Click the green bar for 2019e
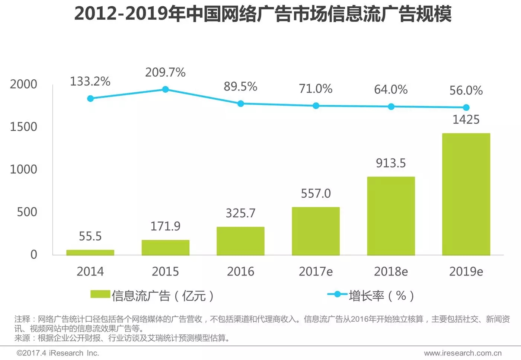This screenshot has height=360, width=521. pyautogui.click(x=466, y=194)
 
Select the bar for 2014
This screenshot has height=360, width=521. pyautogui.click(x=90, y=252)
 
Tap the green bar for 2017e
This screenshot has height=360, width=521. pyautogui.click(x=316, y=231)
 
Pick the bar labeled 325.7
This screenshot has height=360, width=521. pyautogui.click(x=240, y=241)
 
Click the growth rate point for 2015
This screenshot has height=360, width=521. pyautogui.click(x=166, y=89)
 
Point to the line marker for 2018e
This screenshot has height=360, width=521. pyautogui.click(x=391, y=106)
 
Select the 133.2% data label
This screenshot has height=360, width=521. pyautogui.click(x=90, y=81)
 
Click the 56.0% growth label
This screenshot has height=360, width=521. pyautogui.click(x=466, y=90)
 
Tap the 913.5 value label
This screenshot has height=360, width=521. pyautogui.click(x=391, y=163)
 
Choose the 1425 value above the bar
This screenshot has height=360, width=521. pyautogui.click(x=466, y=120)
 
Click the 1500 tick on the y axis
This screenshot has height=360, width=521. pyautogui.click(x=23, y=127)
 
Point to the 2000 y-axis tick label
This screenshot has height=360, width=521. pyautogui.click(x=23, y=84)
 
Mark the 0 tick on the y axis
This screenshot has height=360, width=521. pyautogui.click(x=33, y=254)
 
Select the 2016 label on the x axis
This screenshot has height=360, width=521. pyautogui.click(x=240, y=271)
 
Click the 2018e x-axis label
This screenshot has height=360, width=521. pyautogui.click(x=391, y=271)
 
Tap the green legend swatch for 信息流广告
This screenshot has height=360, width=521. pyautogui.click(x=100, y=294)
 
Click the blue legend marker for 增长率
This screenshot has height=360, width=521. pyautogui.click(x=337, y=294)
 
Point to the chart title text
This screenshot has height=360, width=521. pyautogui.click(x=263, y=14)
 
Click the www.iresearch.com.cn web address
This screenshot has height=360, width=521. pyautogui.click(x=463, y=353)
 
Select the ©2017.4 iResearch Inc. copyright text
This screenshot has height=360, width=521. pyautogui.click(x=58, y=353)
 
